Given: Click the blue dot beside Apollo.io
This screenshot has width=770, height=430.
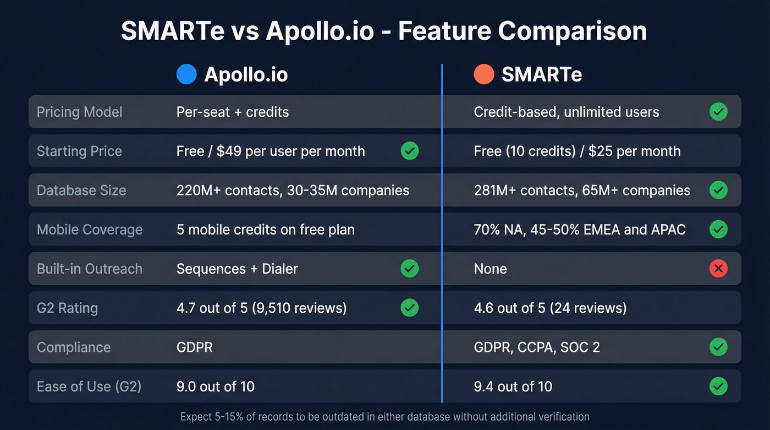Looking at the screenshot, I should click(x=186, y=74).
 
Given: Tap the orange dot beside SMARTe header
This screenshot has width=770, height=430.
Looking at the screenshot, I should click(x=484, y=74).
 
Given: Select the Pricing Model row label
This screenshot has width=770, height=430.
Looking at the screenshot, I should click(x=79, y=112).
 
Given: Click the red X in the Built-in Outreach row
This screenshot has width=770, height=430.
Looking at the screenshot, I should click(x=718, y=269).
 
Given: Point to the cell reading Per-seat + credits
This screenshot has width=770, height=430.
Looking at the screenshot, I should click(x=233, y=112).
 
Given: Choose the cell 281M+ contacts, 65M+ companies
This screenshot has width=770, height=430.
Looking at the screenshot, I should click(x=582, y=190).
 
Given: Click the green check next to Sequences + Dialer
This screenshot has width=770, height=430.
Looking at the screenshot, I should click(x=410, y=269).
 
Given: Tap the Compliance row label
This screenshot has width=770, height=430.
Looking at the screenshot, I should click(x=74, y=347).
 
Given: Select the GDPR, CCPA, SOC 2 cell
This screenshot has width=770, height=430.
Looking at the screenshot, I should click(x=537, y=347).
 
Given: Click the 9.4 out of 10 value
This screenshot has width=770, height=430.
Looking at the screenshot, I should click(x=513, y=387).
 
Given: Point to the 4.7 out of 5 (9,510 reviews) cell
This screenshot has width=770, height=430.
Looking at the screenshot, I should click(x=262, y=308).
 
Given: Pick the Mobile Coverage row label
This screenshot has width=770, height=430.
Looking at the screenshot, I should click(x=90, y=230).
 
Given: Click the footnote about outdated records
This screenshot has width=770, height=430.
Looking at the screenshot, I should click(x=384, y=417).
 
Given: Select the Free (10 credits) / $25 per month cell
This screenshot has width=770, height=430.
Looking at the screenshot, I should click(x=577, y=151).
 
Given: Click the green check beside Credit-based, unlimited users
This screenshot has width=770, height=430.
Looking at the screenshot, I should click(x=718, y=112).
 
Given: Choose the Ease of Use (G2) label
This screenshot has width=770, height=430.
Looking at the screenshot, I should click(x=89, y=387).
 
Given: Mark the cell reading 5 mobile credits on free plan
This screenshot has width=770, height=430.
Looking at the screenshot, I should click(x=266, y=230).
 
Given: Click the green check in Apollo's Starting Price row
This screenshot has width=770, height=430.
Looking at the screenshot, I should click(x=410, y=151).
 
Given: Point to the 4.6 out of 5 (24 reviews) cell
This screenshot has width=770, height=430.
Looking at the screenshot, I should click(x=550, y=308).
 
